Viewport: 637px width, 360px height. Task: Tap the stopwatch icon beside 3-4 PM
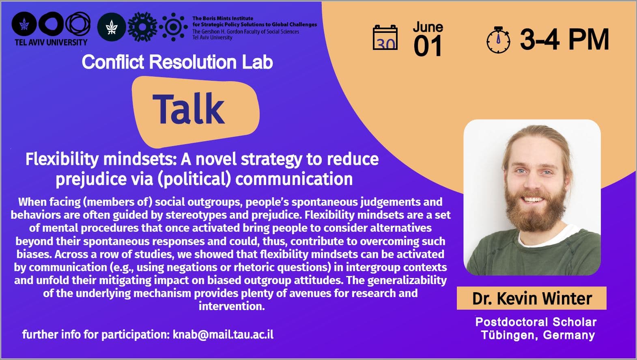click(x=498, y=40)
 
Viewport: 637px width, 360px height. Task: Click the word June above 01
click(x=428, y=27)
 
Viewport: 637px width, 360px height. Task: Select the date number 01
click(x=427, y=46)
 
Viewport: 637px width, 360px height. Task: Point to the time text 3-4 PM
click(x=565, y=39)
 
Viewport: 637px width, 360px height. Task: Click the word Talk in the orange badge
click(x=189, y=109)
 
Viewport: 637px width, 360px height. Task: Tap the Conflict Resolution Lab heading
click(x=177, y=62)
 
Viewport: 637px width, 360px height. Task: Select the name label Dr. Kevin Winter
click(x=532, y=298)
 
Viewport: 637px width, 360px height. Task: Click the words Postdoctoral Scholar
click(x=536, y=322)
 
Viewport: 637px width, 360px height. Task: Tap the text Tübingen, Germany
click(x=538, y=335)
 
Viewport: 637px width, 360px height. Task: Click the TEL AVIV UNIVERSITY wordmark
click(x=51, y=42)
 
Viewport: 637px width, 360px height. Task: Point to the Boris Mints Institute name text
click(x=223, y=18)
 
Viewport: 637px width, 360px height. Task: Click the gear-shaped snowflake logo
click(x=142, y=27)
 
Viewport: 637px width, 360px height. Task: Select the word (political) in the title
click(x=194, y=179)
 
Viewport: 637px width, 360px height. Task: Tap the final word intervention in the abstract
click(x=232, y=306)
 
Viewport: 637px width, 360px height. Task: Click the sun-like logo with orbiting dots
click(x=174, y=27)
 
